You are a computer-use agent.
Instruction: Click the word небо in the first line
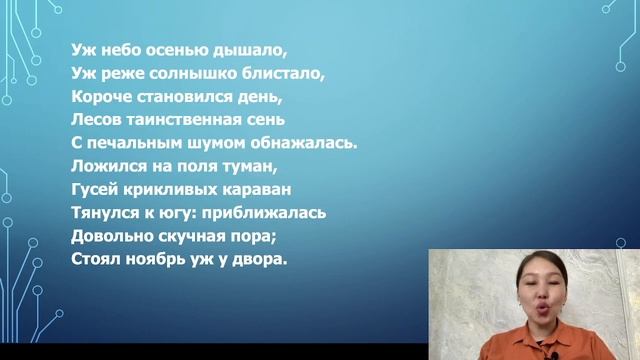click(114, 50)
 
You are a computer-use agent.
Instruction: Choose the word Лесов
click(98, 120)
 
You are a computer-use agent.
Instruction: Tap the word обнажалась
click(303, 143)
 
